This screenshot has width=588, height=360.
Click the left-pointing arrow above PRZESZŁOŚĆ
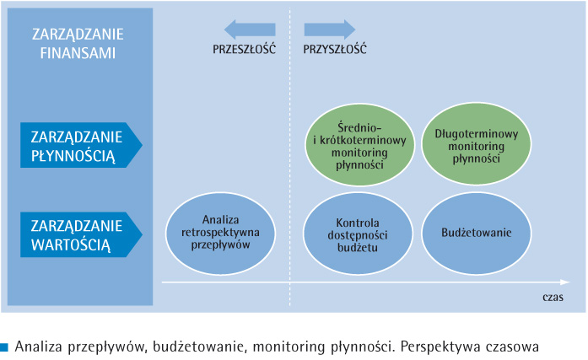pos(250,30)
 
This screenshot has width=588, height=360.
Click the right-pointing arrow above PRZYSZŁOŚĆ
pos(330,30)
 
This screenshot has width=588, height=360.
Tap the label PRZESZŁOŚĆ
pos(244,49)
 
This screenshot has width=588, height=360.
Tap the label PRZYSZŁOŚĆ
pos(335,49)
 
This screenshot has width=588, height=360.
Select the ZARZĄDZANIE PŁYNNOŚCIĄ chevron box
pos(81,145)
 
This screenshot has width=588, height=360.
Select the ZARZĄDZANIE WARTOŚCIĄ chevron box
pos(81,234)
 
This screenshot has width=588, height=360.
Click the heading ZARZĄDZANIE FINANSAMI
pos(78,44)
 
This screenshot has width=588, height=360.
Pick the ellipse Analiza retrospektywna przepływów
pos(220,234)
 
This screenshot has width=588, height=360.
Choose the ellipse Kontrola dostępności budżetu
pos(358,234)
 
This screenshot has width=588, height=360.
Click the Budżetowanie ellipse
pos(477,233)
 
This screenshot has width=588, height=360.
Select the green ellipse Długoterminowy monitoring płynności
pos(477,144)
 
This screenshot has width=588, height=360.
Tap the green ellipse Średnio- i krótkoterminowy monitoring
pos(359,145)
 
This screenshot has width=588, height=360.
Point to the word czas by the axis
pos(553,297)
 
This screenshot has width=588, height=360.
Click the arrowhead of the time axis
pos(566,282)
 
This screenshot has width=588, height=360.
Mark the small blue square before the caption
pos(4,347)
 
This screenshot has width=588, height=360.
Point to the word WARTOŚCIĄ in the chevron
pos(71,244)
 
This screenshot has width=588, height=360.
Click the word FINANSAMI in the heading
pos(78,53)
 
